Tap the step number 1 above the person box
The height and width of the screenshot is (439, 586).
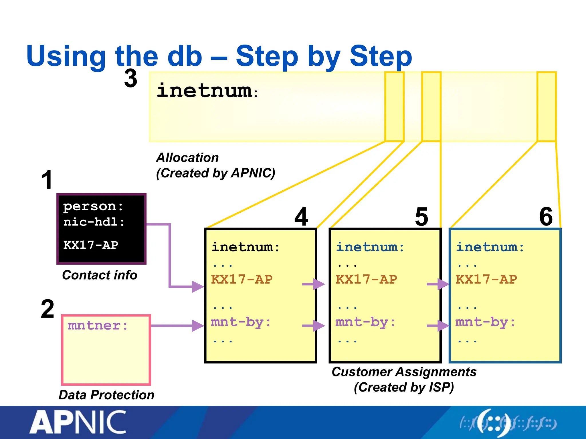tap(47, 180)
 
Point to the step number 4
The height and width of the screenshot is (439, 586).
tap(301, 217)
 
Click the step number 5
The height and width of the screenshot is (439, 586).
tap(421, 217)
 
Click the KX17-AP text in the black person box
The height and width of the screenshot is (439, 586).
tap(91, 245)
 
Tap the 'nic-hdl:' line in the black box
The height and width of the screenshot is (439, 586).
tap(94, 222)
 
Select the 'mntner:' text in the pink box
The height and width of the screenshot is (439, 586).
tap(98, 326)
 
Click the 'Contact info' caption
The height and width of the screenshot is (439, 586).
tap(100, 275)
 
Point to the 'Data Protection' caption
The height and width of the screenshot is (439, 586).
tap(106, 395)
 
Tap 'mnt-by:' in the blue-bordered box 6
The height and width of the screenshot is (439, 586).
tap(485, 322)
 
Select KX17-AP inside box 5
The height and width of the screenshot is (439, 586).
tap(366, 280)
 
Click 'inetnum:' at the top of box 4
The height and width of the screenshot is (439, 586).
tap(246, 247)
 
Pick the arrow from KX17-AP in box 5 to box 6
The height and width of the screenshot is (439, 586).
tap(438, 284)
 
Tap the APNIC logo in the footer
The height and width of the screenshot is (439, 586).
tap(78, 422)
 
